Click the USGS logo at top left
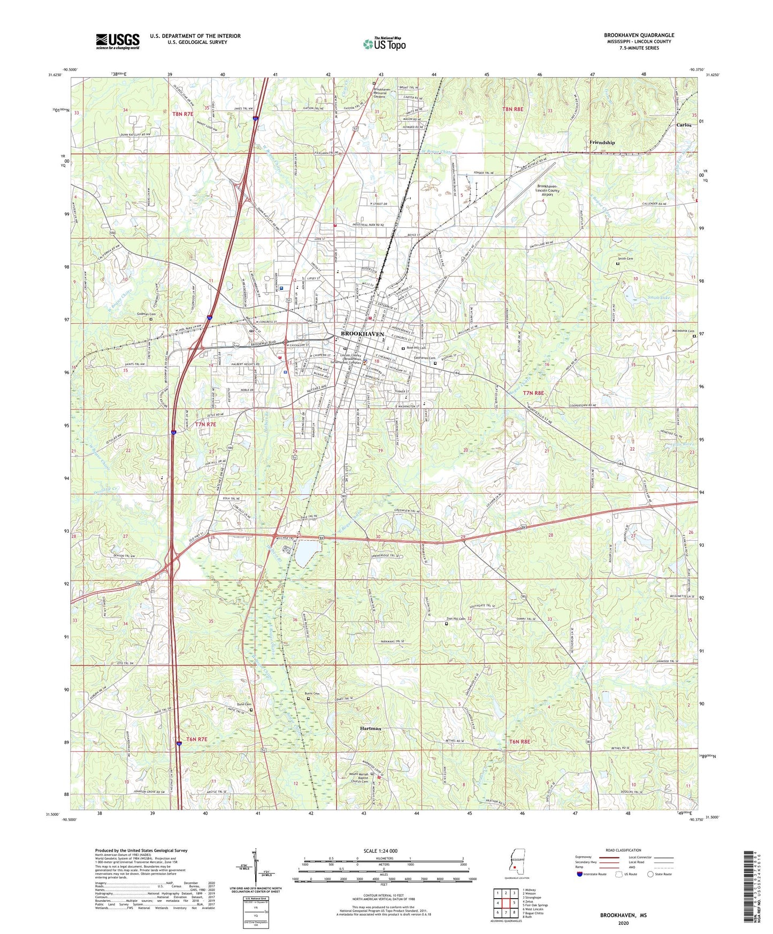click(x=118, y=41)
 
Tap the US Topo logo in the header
click(x=384, y=44)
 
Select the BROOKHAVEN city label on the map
click(x=363, y=334)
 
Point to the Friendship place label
click(x=602, y=143)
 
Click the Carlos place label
click(x=684, y=125)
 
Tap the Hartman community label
click(x=371, y=729)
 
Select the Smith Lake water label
click(x=659, y=297)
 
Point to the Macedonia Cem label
click(x=683, y=331)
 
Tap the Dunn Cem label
click(x=244, y=704)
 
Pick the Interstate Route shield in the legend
click(x=580, y=874)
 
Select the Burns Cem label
click(x=312, y=694)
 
